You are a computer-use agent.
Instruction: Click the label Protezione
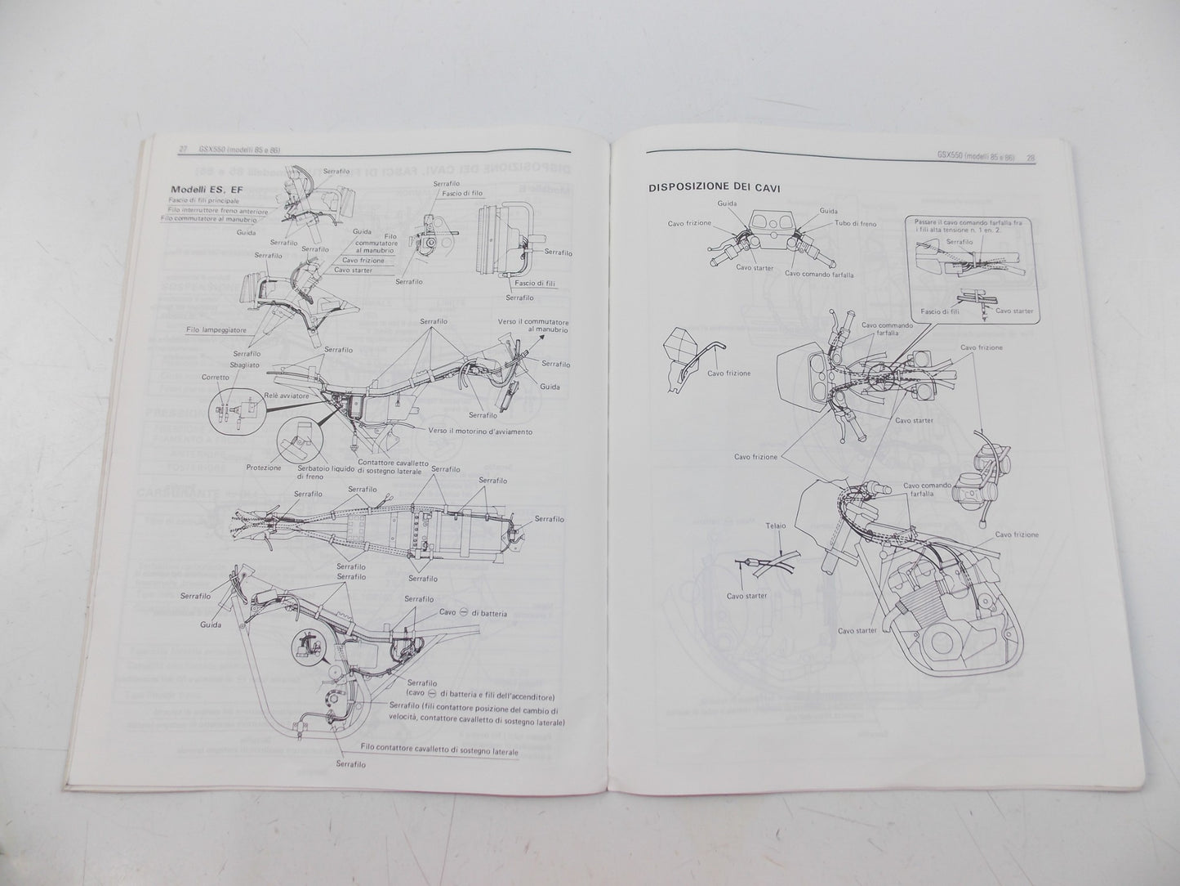[x=263, y=468]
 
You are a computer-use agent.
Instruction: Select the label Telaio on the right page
[x=776, y=526]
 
